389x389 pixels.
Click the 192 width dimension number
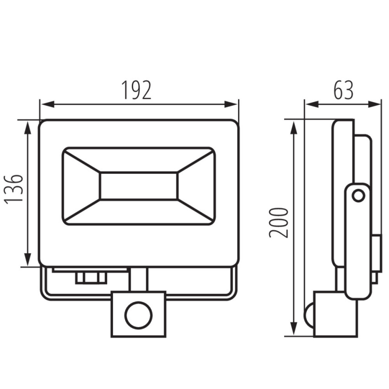136,91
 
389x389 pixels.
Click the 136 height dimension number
15,189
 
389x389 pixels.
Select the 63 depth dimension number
343,91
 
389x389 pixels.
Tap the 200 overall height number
279,223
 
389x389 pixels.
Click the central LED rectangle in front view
139,186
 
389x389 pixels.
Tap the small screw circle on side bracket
359,196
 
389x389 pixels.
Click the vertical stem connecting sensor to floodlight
138,280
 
